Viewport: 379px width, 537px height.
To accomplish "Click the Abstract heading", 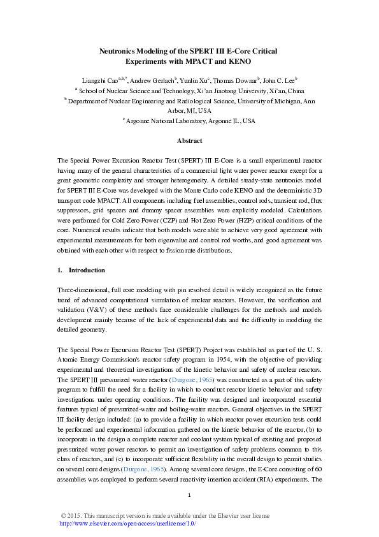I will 189,141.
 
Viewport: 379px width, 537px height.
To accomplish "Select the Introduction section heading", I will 86,270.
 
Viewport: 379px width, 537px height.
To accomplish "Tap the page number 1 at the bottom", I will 190,495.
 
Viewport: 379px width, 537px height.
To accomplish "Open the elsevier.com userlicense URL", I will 127,523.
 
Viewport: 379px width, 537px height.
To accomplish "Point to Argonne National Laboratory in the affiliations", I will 166,121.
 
